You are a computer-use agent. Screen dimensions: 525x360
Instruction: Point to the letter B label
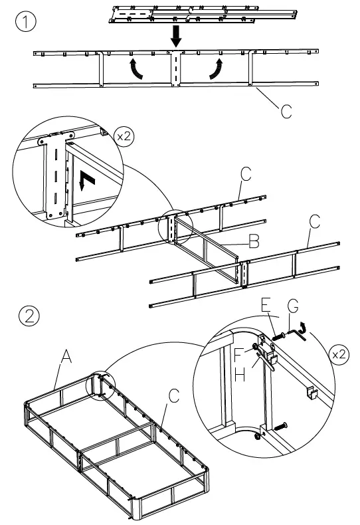click(x=253, y=243)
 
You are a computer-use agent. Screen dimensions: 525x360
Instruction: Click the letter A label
click(x=66, y=358)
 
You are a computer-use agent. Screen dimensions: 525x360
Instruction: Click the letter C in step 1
click(x=286, y=110)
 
